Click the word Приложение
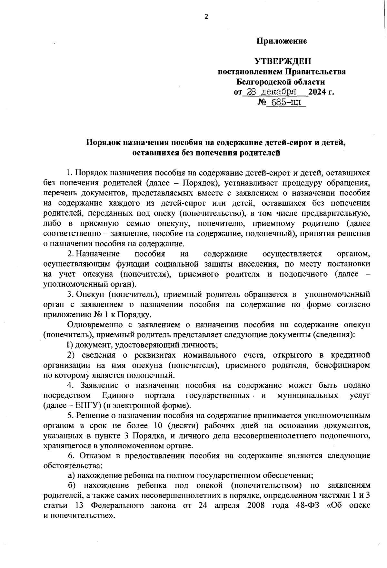(x=282, y=41)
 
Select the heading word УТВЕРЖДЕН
(x=283, y=61)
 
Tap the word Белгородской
(x=263, y=82)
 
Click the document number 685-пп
(x=286, y=103)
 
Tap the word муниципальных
(x=308, y=395)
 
